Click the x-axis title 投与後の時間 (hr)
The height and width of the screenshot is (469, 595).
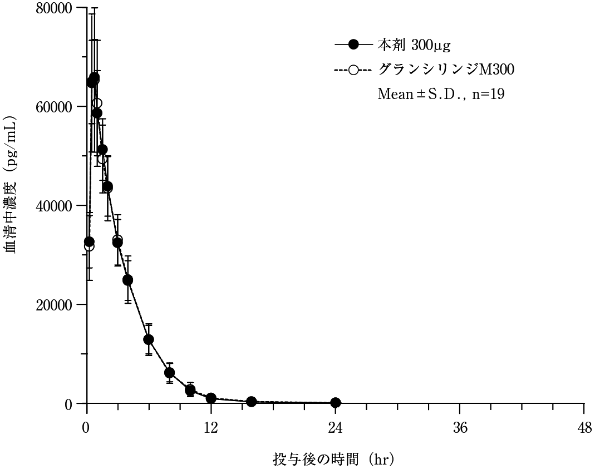333,460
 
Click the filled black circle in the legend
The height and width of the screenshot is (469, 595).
353,44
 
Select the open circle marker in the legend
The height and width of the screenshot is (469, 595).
353,70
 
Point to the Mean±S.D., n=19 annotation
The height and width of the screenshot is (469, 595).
441,94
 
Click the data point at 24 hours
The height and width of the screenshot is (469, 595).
335,402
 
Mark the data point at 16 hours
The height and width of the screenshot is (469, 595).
252,401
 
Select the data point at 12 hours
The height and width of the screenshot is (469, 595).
210,398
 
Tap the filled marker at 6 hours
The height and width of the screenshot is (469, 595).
149,339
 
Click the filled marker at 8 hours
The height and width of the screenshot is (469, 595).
169,372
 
